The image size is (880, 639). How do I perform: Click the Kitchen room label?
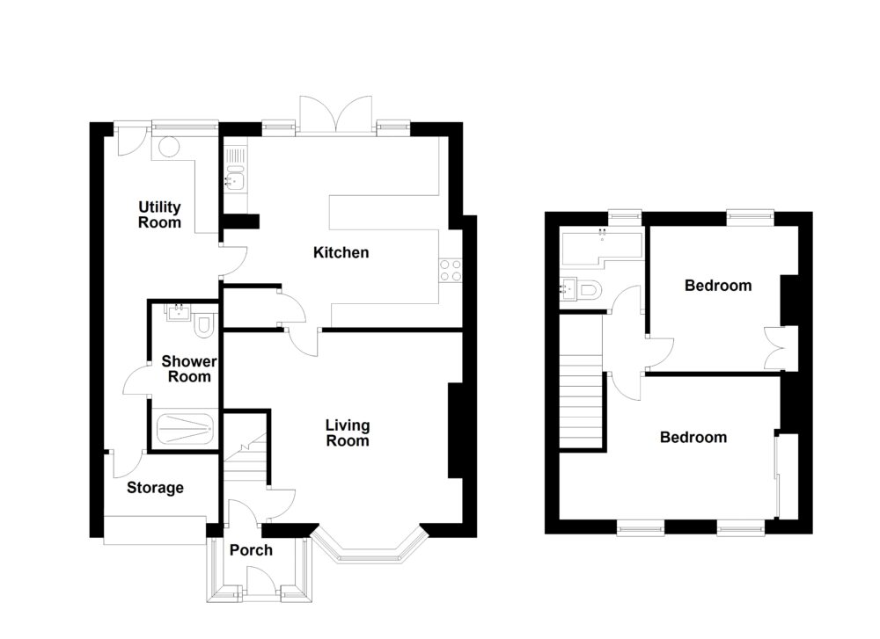341,253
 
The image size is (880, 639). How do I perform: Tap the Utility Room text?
159,214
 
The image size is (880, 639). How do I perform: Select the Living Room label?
348,433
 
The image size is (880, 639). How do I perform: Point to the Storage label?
155,488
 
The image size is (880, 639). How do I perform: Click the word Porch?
251,551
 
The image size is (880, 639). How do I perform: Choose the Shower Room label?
186,368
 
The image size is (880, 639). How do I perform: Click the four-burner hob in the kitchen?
451,270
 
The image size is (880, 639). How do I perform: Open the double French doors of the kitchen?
336,114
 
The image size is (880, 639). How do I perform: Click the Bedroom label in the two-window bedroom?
693,437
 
